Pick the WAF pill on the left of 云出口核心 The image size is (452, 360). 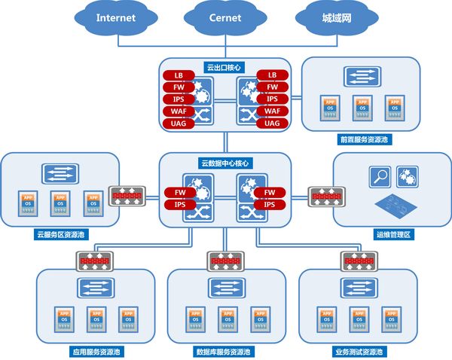(x=179, y=111)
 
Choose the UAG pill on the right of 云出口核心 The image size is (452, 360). (x=272, y=124)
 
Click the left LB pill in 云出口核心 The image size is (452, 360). (x=179, y=75)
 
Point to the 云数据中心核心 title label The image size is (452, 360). (x=224, y=162)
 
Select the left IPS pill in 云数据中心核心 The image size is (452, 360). (x=179, y=204)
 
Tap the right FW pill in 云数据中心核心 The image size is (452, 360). (x=269, y=192)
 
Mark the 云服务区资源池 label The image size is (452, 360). (x=60, y=235)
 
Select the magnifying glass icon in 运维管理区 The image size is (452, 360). (x=378, y=178)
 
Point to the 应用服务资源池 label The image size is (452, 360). (x=96, y=351)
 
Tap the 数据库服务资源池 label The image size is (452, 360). (x=225, y=351)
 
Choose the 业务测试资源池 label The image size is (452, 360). (x=359, y=351)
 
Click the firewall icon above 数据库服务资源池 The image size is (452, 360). (x=224, y=261)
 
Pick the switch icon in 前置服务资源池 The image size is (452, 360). (x=359, y=76)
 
